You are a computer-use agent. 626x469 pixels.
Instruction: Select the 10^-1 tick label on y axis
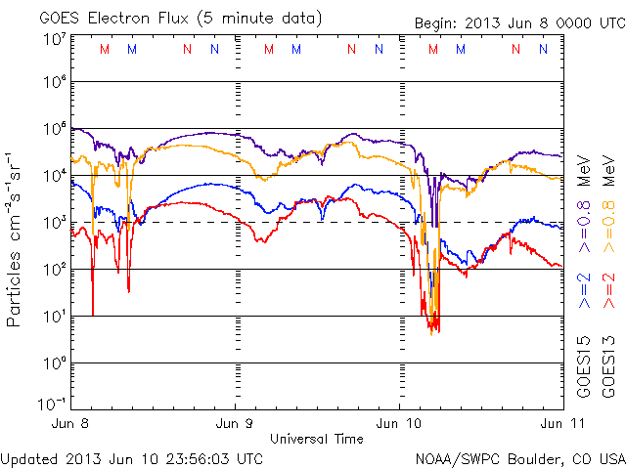tap(54, 405)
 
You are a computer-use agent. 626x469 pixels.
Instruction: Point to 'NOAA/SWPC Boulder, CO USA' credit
tap(519, 458)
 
